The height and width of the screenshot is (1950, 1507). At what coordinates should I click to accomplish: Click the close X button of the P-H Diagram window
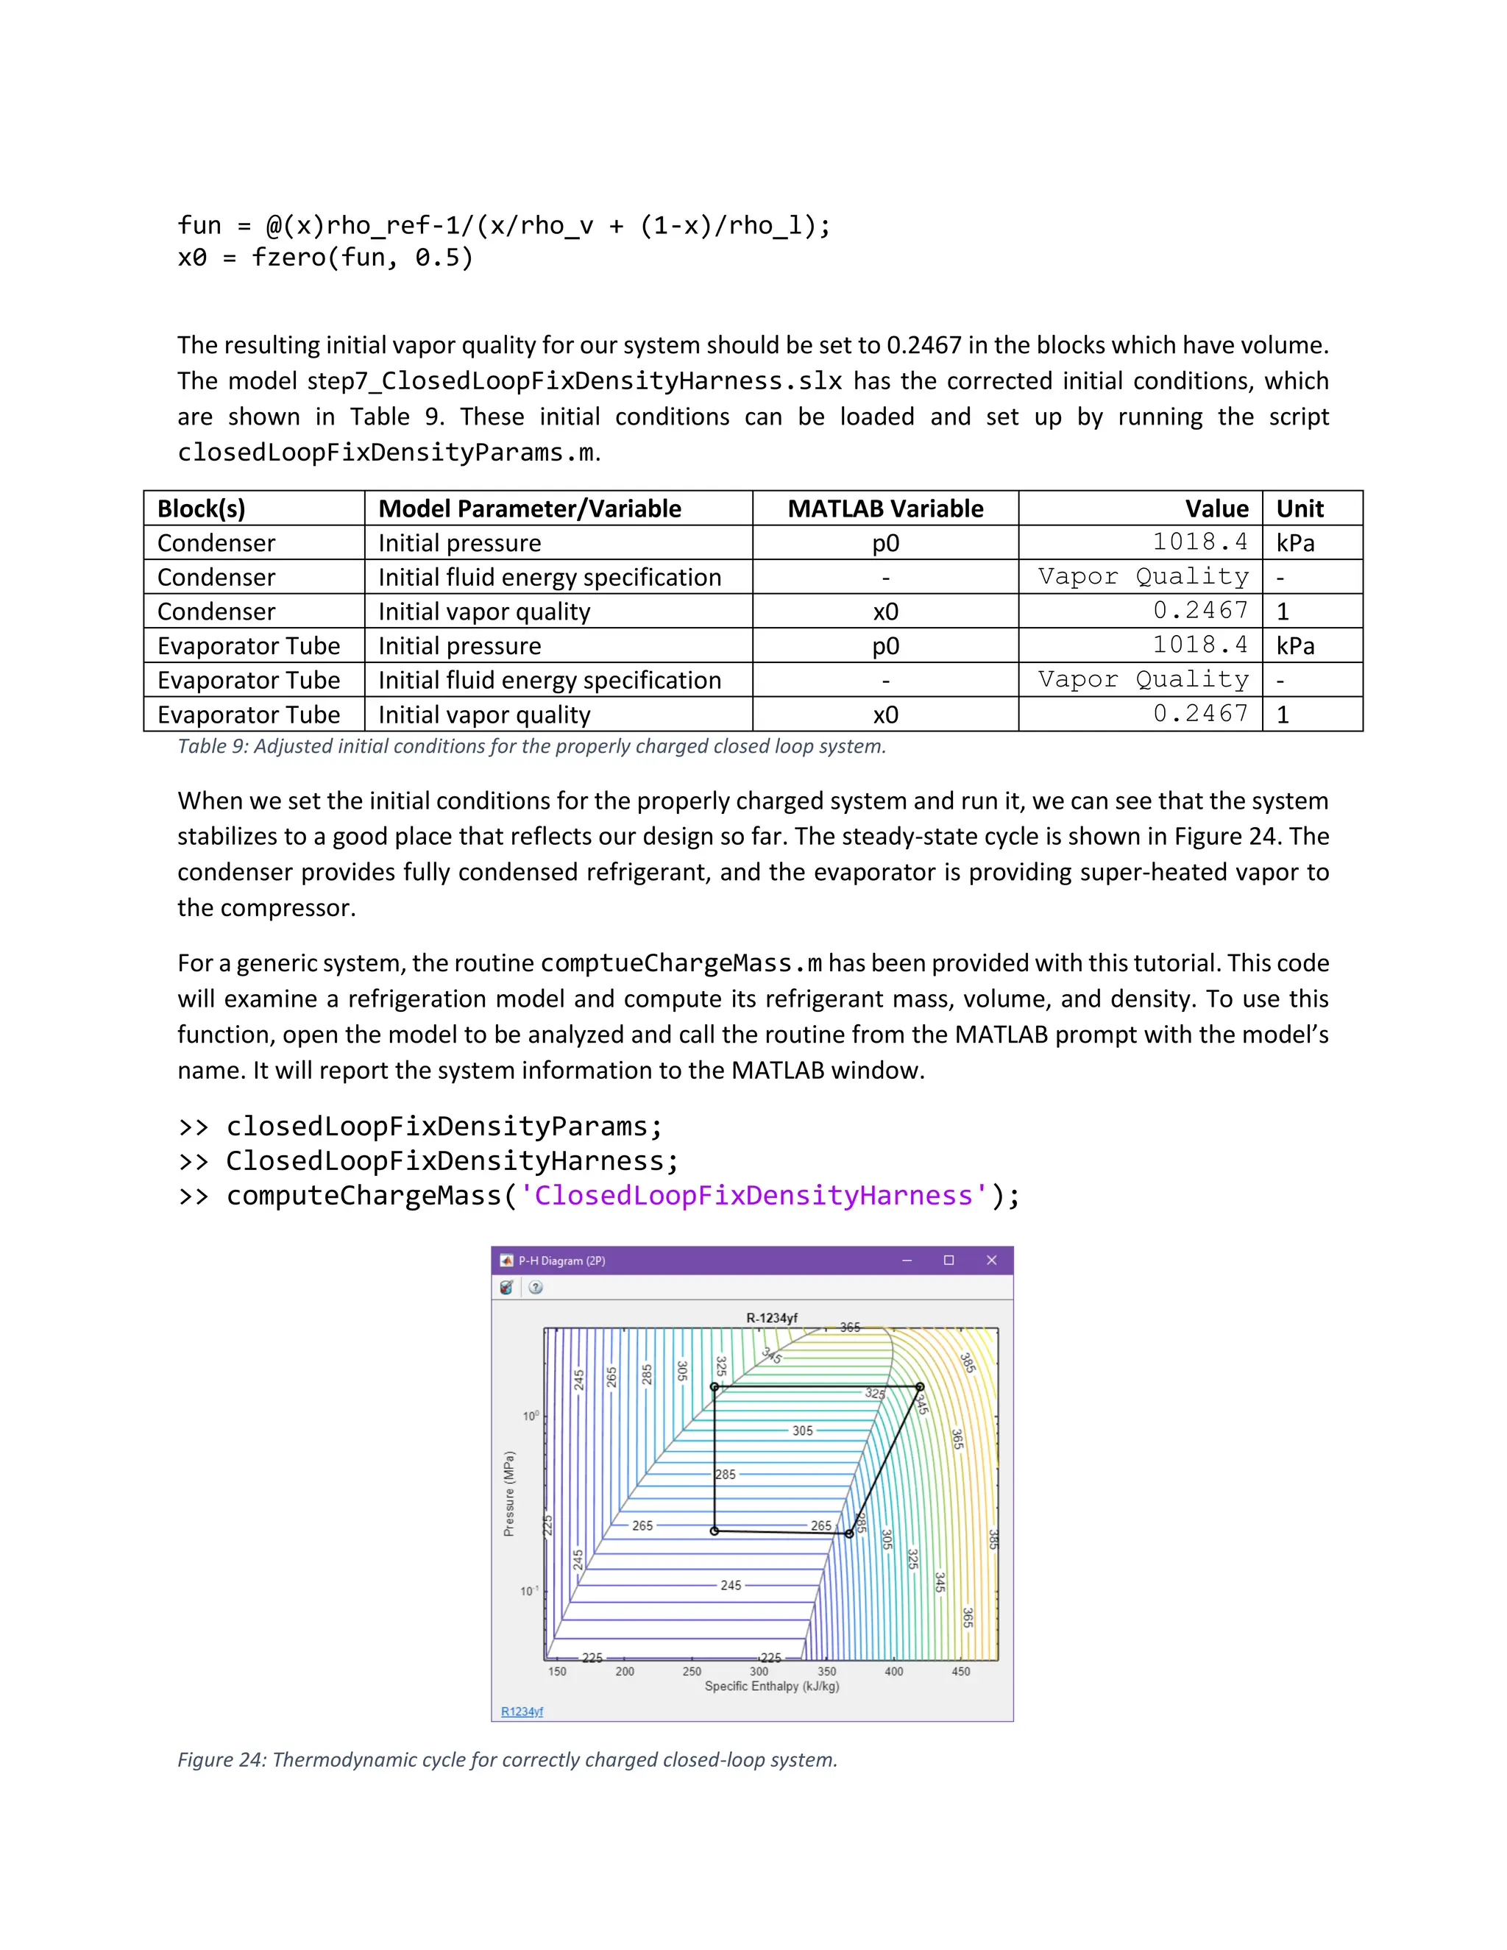point(991,1260)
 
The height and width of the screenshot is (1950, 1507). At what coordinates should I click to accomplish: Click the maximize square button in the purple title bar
point(949,1260)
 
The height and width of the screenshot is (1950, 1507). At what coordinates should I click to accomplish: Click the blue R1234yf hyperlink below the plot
point(522,1712)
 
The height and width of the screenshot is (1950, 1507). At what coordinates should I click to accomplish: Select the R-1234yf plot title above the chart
point(771,1318)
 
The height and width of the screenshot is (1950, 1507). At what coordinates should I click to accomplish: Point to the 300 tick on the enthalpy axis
point(759,1671)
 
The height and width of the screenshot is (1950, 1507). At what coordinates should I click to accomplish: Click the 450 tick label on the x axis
point(960,1671)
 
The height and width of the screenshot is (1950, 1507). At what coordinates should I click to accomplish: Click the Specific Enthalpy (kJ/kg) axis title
point(771,1687)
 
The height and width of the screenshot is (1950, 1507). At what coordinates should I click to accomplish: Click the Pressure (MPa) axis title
point(509,1493)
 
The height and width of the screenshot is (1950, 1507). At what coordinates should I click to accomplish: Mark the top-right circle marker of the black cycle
point(920,1386)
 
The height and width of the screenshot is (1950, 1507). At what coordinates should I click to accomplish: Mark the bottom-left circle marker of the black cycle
point(715,1531)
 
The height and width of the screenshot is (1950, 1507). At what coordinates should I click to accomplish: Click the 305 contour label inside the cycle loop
point(803,1430)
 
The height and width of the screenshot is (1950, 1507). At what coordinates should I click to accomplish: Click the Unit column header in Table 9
point(1300,509)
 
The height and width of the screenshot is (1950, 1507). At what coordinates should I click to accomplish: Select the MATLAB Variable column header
point(884,509)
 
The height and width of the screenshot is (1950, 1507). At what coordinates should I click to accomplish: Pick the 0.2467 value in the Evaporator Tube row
point(1200,713)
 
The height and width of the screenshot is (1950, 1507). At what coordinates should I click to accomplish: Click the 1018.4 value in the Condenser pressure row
point(1200,542)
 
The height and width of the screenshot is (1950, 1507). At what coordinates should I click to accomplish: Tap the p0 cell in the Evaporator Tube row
point(884,645)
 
